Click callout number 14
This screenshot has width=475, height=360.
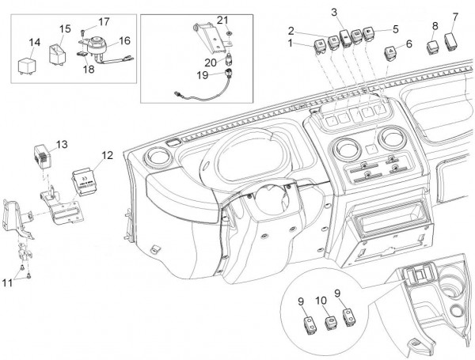tap(35, 42)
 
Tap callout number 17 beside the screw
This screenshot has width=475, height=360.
tap(104, 21)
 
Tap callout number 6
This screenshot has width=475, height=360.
tap(408, 44)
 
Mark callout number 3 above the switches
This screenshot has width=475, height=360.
tap(335, 13)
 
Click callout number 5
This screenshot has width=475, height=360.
tap(395, 29)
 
